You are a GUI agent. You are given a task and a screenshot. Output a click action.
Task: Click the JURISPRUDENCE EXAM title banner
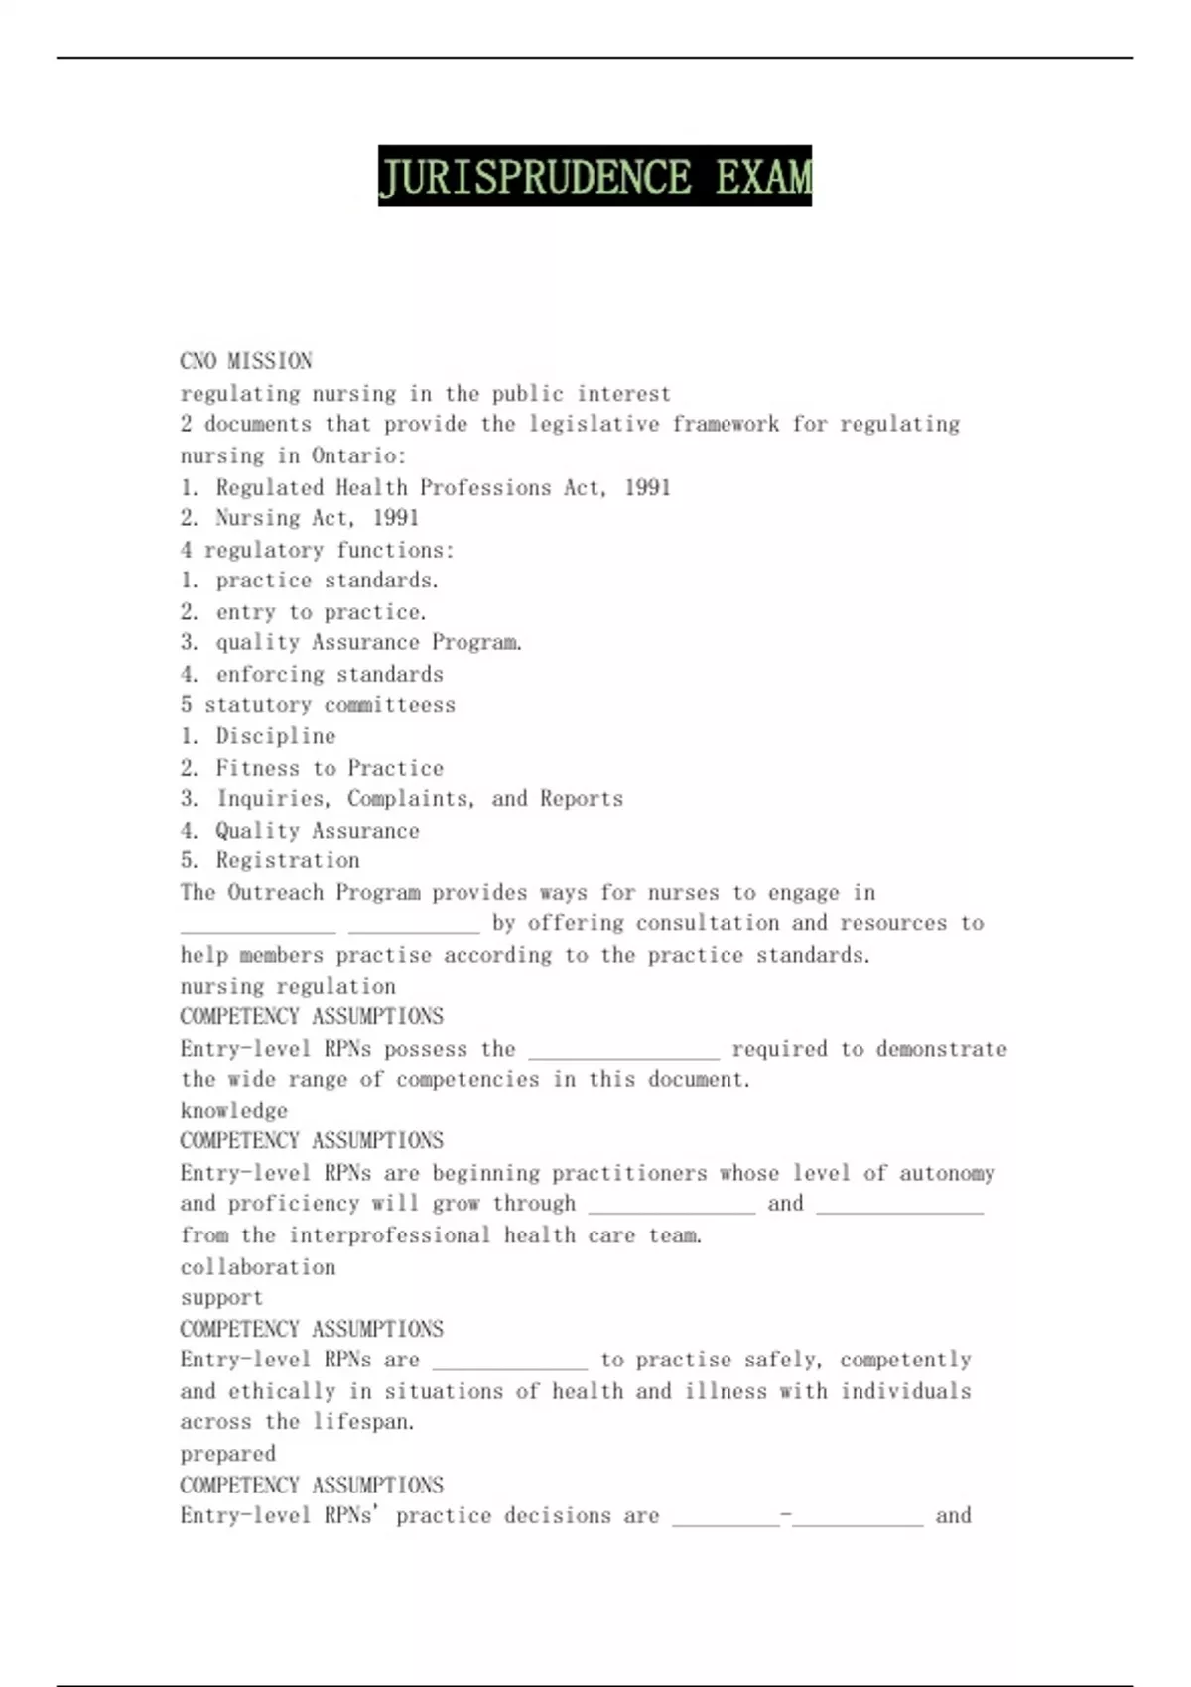(595, 176)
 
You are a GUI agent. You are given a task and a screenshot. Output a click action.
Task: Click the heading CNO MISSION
(246, 361)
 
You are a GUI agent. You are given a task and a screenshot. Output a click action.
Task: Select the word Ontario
(356, 455)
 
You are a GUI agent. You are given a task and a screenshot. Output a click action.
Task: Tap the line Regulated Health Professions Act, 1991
(443, 487)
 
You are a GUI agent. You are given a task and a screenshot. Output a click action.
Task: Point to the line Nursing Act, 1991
(317, 518)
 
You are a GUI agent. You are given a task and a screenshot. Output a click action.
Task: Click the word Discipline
(276, 736)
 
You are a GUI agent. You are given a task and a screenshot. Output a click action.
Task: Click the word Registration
(288, 860)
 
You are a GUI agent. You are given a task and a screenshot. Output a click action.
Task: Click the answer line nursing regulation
(288, 986)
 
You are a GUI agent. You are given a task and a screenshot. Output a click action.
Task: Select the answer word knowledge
(234, 1110)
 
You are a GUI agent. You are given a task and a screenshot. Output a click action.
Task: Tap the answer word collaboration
(258, 1267)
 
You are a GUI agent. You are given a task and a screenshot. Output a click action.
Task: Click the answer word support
(222, 1298)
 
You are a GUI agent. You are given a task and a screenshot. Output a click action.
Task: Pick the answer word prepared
(228, 1454)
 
